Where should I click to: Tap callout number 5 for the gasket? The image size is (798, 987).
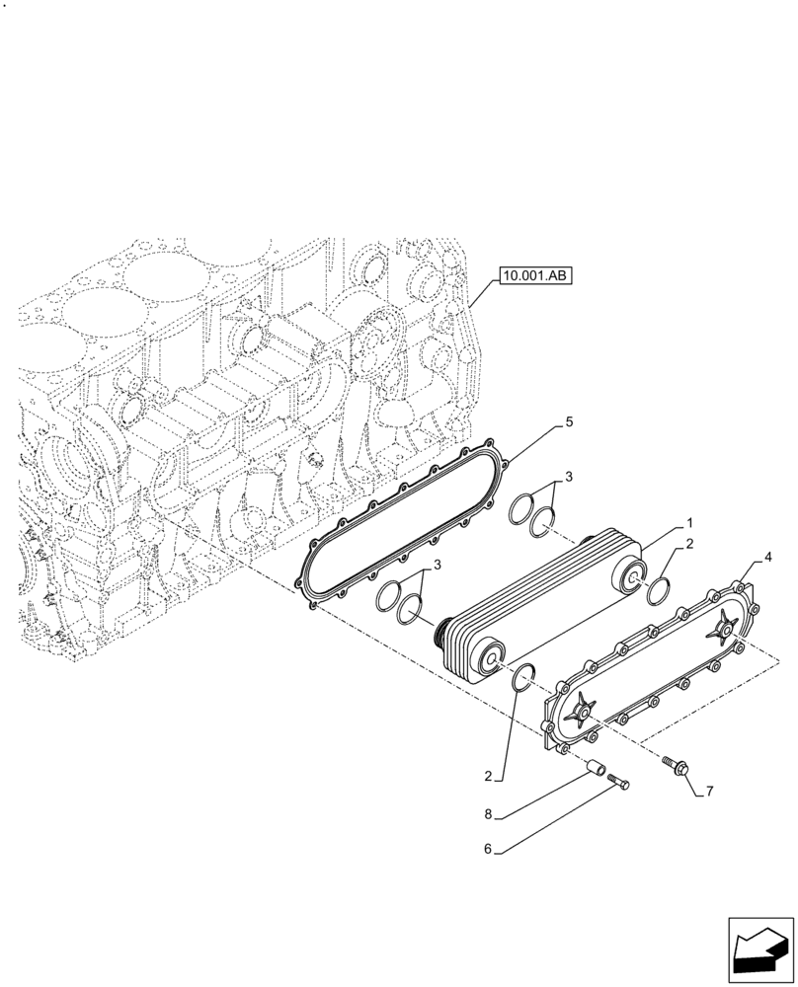[569, 421]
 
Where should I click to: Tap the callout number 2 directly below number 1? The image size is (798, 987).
[690, 544]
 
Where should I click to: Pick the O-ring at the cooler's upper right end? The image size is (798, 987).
[658, 591]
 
